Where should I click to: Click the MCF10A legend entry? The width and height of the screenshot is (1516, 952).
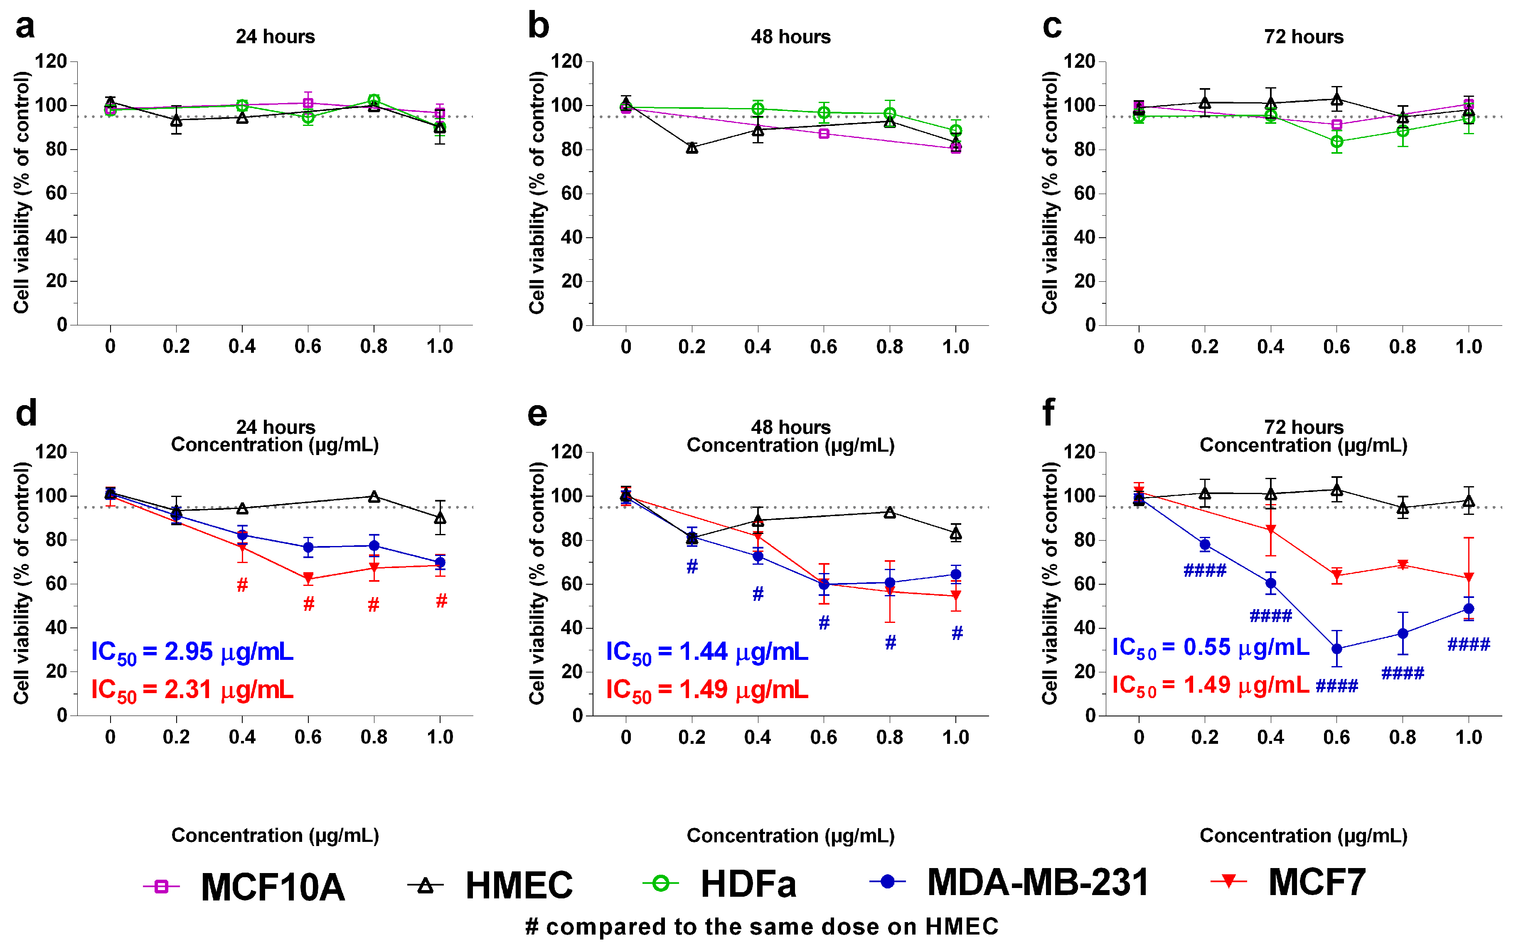pos(246,886)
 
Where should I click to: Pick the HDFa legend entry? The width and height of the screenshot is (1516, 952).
pos(721,884)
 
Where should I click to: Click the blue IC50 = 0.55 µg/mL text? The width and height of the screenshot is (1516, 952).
pos(1210,648)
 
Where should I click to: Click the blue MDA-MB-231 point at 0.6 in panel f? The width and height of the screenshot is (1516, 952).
pos(1336,649)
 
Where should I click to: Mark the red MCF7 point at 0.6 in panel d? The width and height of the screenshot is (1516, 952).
pos(308,578)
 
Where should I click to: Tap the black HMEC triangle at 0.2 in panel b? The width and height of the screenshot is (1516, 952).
pos(692,148)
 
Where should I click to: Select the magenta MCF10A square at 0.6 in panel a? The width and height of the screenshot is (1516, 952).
pos(308,103)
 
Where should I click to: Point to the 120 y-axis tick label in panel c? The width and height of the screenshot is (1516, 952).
pos(1079,61)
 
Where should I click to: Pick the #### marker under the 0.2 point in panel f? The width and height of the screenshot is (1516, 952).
pos(1204,571)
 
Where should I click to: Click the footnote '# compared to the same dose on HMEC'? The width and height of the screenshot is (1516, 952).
pos(762,927)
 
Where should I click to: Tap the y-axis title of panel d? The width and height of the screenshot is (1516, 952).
pos(22,583)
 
